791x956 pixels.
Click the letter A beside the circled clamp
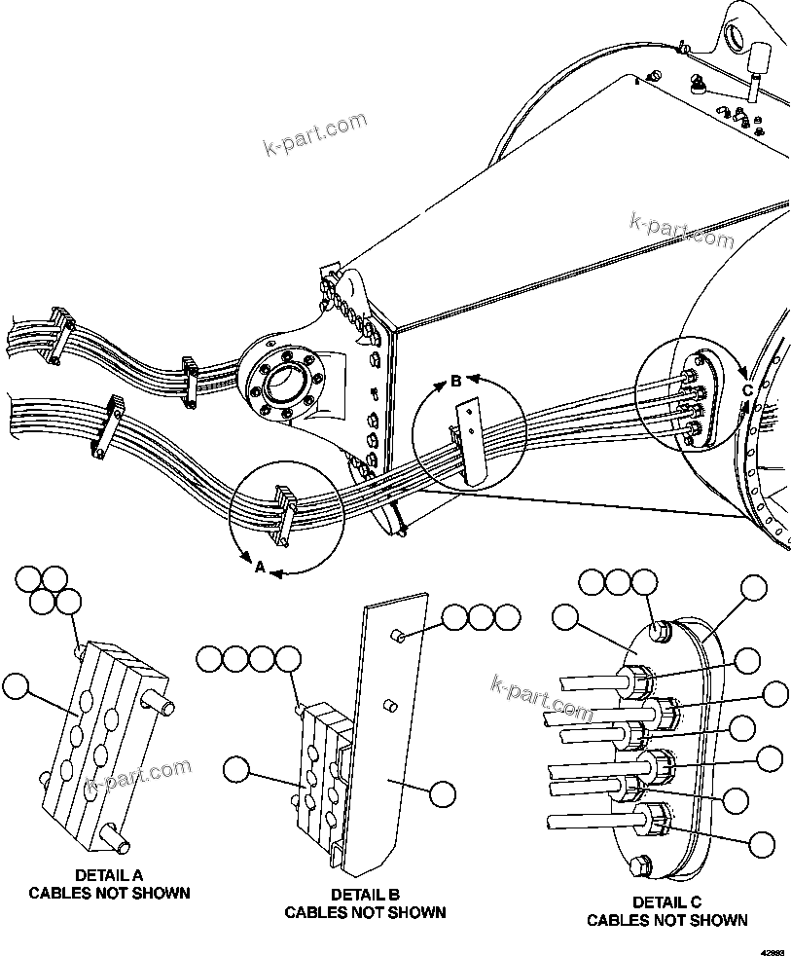[x=259, y=567]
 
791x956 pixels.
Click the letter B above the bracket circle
[x=454, y=382]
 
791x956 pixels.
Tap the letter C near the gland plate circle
[x=747, y=390]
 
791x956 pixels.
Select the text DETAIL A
[x=109, y=874]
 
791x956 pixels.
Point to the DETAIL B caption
[x=365, y=894]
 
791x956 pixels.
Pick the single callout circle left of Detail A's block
[x=17, y=685]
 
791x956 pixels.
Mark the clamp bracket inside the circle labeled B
[x=469, y=443]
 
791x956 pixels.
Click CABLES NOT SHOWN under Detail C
[x=667, y=920]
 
